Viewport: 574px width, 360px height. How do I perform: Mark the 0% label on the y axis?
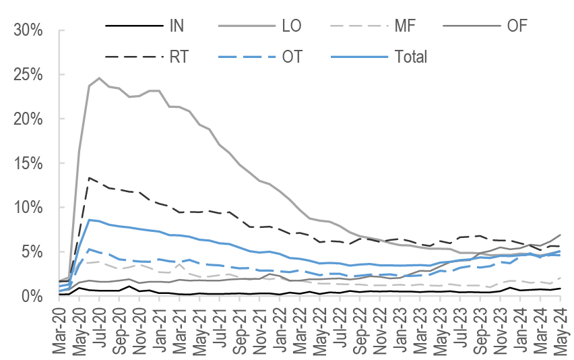33,296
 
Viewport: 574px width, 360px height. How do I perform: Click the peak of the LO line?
100,78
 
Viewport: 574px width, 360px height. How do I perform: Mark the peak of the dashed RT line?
90,178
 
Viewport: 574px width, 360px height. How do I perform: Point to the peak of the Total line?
90,220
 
